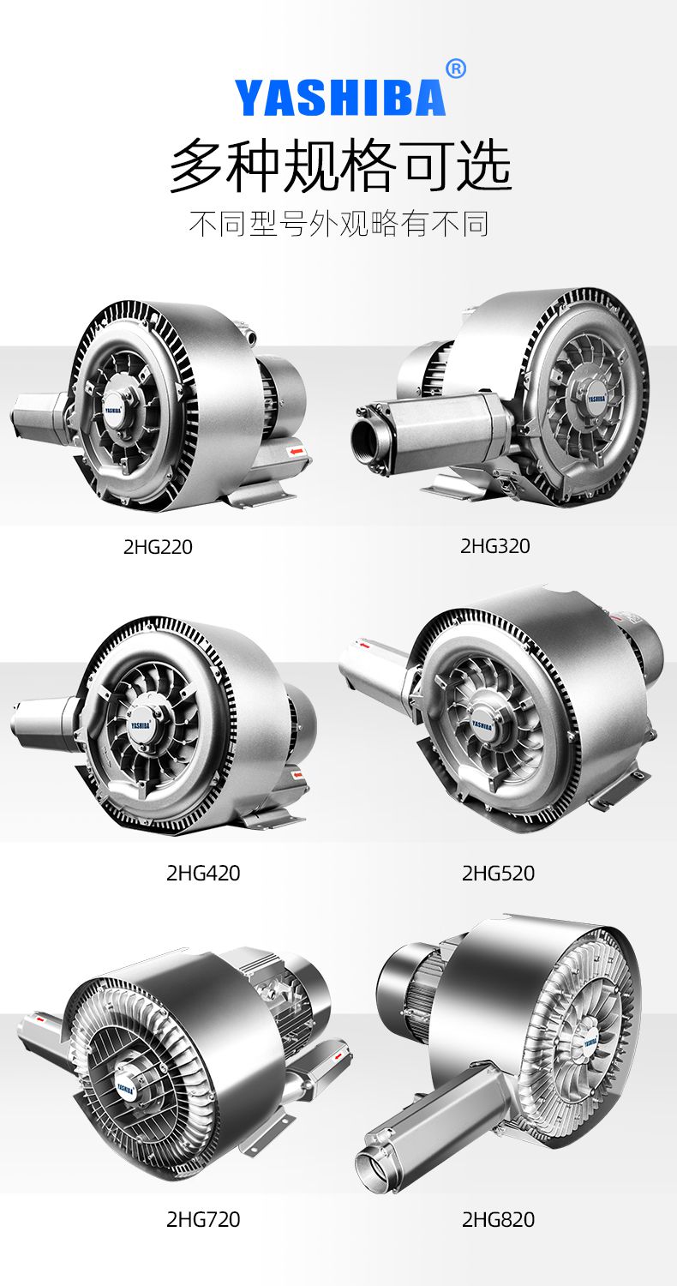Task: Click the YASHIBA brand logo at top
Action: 339,99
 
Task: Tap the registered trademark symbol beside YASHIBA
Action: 456,69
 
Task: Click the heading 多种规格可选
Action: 339,166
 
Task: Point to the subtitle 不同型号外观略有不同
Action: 338,223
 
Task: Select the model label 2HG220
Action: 158,547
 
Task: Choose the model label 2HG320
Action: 495,546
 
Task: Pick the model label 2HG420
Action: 203,874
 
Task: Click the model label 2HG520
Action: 498,874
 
